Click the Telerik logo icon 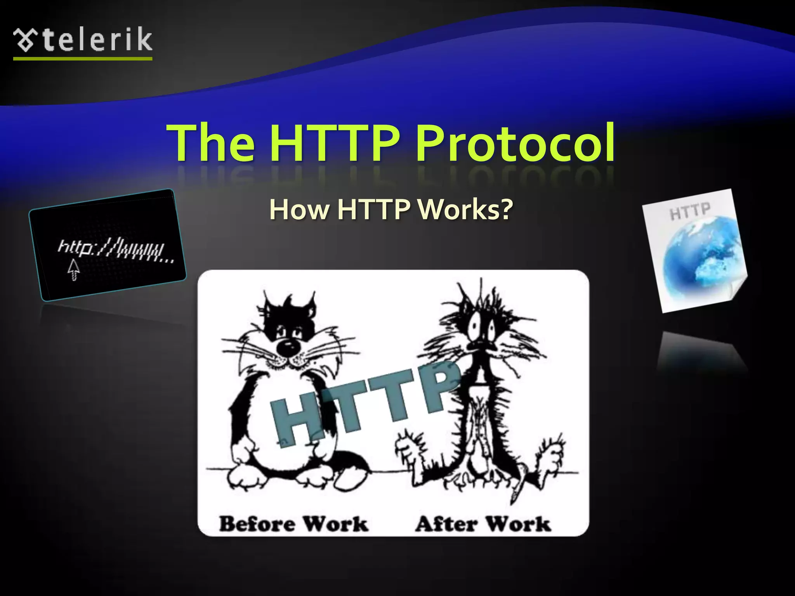(26, 40)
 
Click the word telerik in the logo (97, 40)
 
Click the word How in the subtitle (299, 210)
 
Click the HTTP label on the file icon (690, 211)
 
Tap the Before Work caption (293, 524)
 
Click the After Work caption (483, 524)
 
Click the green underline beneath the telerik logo (83, 59)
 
